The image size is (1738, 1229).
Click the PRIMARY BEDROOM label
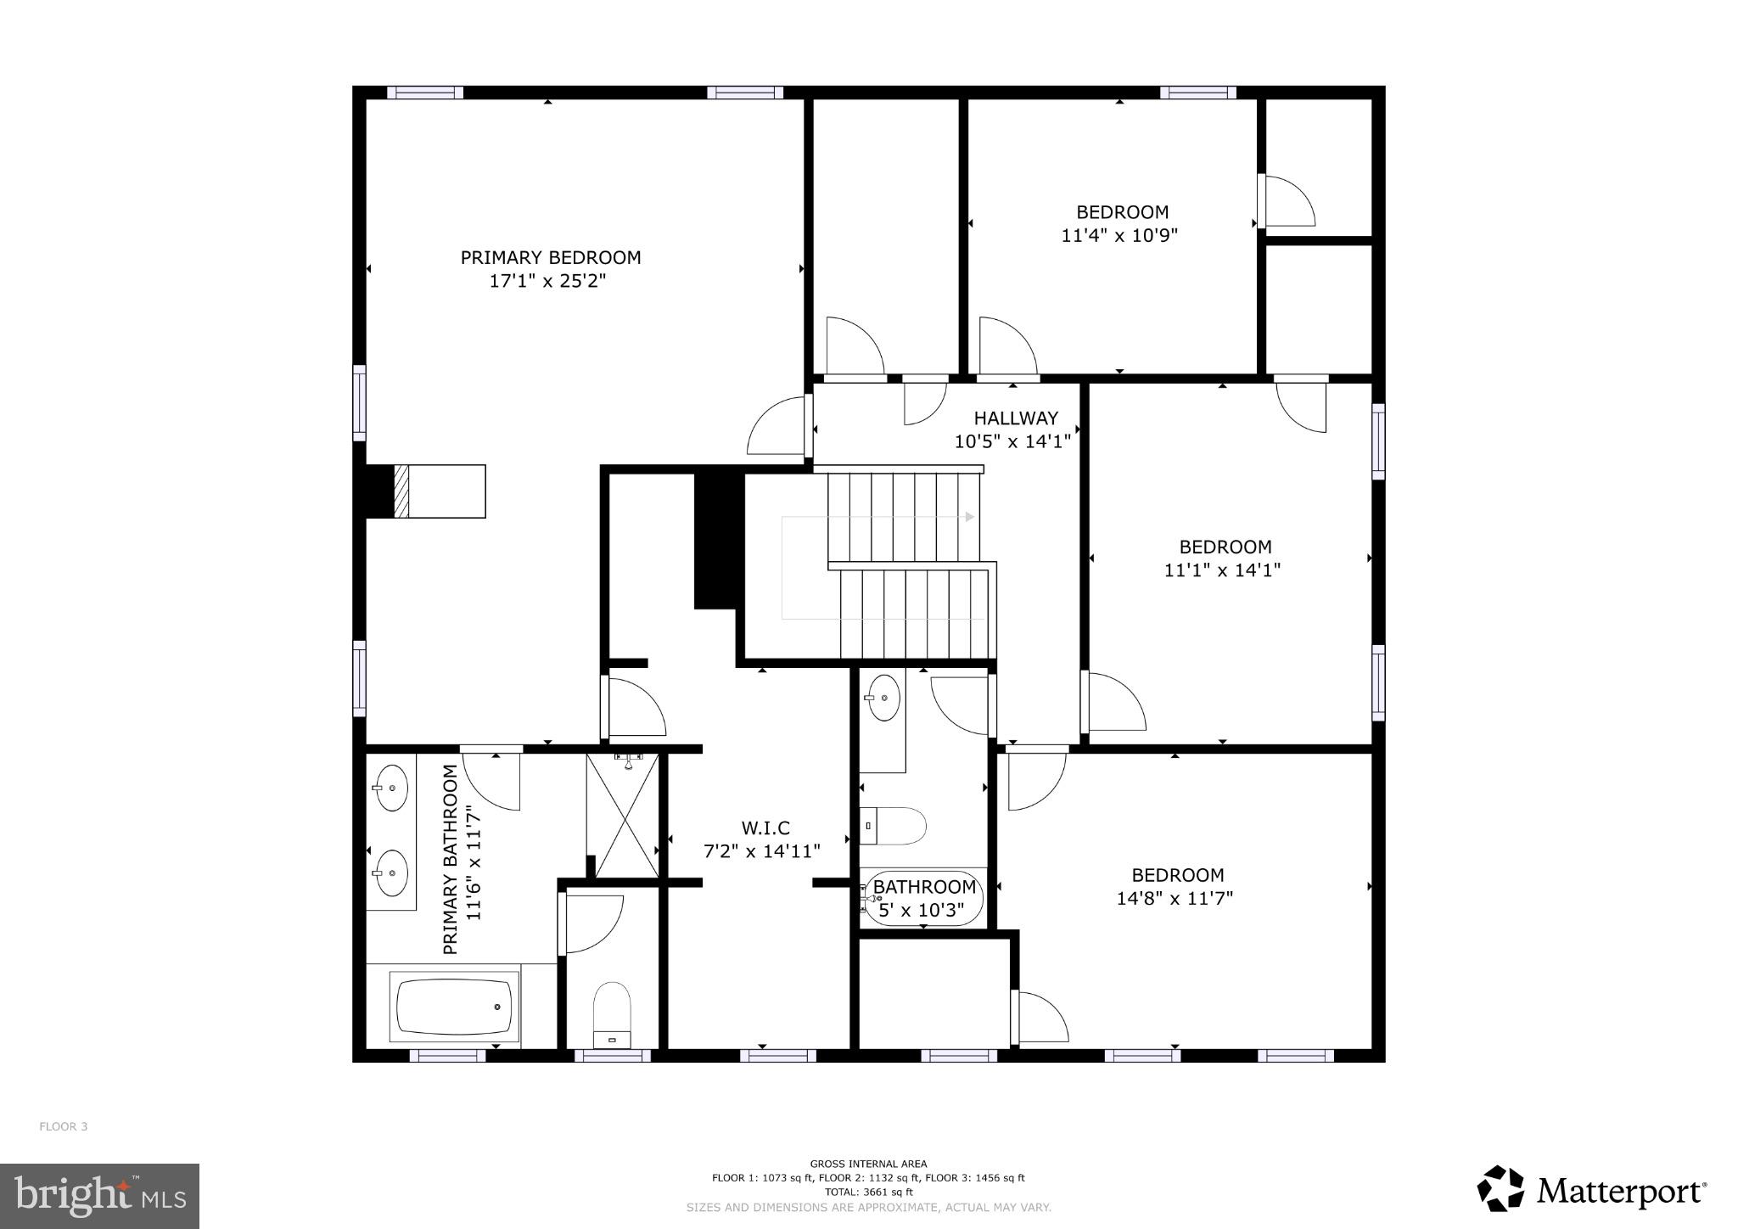click(x=550, y=257)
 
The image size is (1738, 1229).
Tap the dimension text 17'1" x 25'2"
click(x=548, y=281)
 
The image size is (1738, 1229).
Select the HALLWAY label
click(x=1015, y=418)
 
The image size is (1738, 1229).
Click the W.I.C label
click(x=765, y=828)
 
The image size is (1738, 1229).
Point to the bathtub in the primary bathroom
click(x=455, y=1007)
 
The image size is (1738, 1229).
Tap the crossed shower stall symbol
click(x=623, y=816)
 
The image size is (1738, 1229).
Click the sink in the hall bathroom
click(x=883, y=698)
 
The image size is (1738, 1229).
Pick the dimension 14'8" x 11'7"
click(x=1175, y=898)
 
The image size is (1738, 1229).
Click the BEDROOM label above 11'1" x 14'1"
click(x=1225, y=547)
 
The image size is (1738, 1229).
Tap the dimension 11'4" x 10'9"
click(x=1119, y=235)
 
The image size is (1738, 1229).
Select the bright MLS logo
click(x=99, y=1196)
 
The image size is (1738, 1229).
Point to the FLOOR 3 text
click(x=63, y=1126)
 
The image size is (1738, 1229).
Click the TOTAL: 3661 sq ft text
click(x=868, y=1192)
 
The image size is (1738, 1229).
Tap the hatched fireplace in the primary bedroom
click(x=401, y=491)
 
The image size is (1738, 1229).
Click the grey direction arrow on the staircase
click(x=969, y=516)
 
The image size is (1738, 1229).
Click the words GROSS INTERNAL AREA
click(x=868, y=1164)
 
